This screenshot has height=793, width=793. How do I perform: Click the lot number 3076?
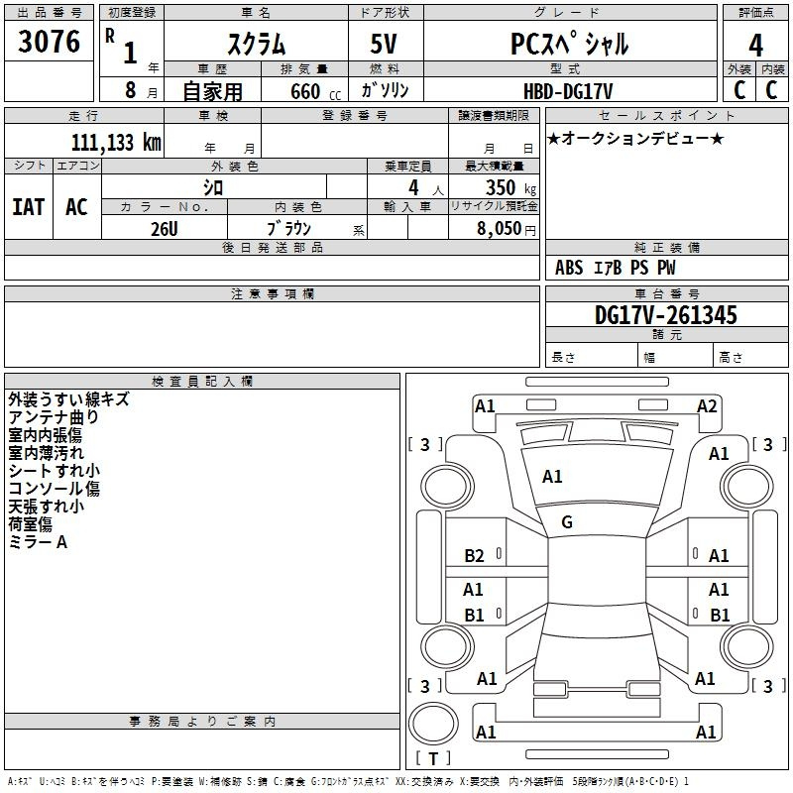click(49, 41)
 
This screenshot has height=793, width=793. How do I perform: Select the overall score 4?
click(755, 45)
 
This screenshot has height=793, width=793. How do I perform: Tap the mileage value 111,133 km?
click(116, 142)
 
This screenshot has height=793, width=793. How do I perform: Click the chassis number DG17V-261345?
click(665, 315)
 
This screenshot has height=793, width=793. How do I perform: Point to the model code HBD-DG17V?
click(568, 91)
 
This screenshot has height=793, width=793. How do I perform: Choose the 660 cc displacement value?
click(315, 91)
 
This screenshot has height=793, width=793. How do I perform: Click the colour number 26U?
click(164, 229)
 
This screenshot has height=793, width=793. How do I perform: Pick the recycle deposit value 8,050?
click(499, 229)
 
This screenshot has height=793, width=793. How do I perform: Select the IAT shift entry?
click(29, 207)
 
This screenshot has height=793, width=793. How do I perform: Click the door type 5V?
click(384, 44)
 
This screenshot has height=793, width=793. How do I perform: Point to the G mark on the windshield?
click(567, 522)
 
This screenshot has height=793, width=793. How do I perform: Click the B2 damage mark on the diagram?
click(474, 556)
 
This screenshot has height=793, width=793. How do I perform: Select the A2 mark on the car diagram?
click(707, 406)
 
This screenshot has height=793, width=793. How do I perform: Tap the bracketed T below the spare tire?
click(433, 758)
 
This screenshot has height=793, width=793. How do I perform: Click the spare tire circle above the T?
click(433, 724)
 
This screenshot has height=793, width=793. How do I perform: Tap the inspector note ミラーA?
click(38, 542)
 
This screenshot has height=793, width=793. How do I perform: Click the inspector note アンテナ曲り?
click(54, 417)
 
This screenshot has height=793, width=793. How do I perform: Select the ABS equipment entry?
click(569, 268)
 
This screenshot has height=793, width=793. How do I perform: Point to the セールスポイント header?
click(666, 115)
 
